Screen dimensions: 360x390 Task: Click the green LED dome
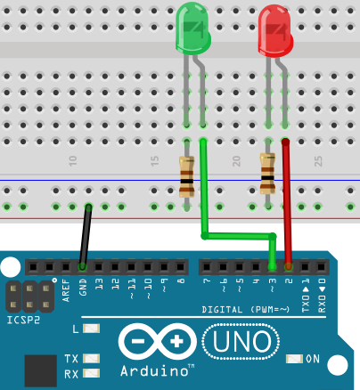193,28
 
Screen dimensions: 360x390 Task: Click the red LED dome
275,30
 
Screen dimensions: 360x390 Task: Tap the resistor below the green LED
186,176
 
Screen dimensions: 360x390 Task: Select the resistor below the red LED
267,174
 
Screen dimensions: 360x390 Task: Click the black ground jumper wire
86,236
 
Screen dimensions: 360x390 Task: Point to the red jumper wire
287,204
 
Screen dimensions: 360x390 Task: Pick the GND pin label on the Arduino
83,287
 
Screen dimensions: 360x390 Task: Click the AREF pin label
66,290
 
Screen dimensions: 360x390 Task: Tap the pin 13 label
99,284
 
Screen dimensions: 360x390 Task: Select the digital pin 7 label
207,280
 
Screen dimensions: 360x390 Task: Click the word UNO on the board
241,341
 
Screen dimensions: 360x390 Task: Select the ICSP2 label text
23,320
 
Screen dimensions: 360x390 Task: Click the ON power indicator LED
294,359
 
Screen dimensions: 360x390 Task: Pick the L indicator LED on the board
91,329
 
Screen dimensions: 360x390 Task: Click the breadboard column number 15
155,161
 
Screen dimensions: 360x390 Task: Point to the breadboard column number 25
318,161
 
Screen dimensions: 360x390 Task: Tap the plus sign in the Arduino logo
176,341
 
